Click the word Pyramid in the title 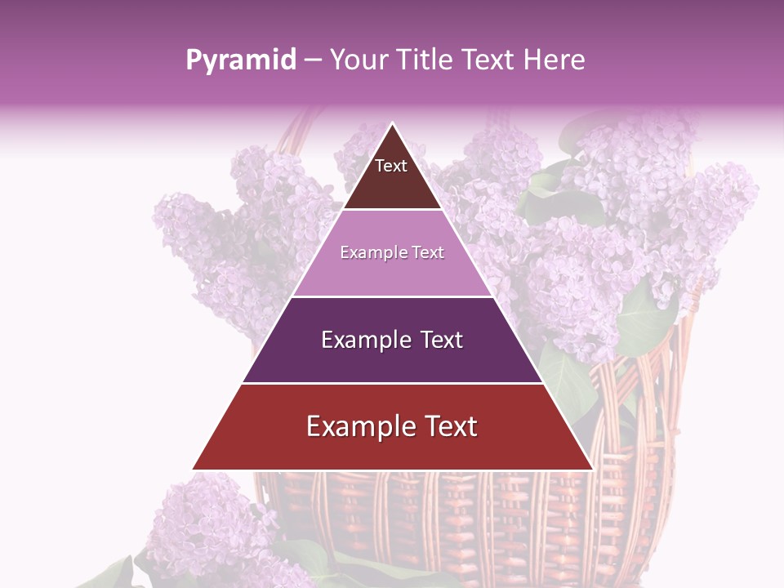240,60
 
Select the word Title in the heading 425,60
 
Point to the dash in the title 313,60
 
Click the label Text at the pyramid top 391,166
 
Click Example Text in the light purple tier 392,252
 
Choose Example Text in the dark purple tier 392,340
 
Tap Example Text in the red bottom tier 392,426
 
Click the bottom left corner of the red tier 193,470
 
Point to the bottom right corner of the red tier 592,470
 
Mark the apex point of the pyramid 392,123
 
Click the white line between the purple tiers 392,296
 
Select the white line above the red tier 392,383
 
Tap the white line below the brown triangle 392,210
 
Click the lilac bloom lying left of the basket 204,523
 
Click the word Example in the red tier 356,426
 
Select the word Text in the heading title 490,60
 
